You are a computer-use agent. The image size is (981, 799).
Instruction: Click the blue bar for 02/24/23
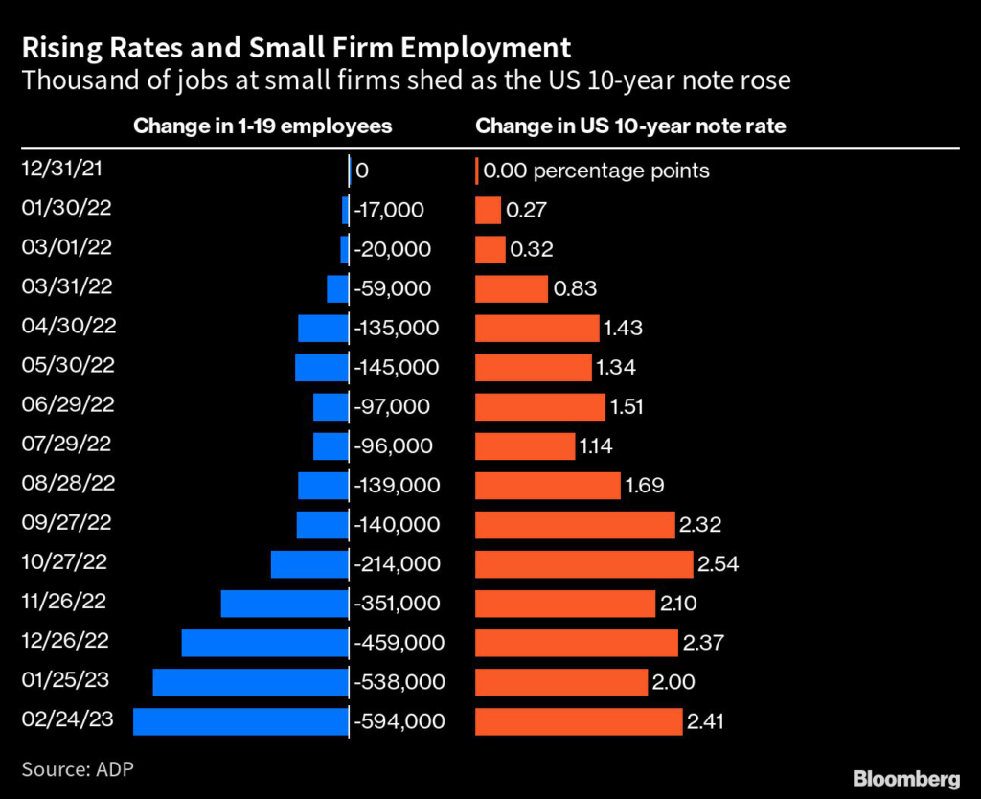pyautogui.click(x=240, y=721)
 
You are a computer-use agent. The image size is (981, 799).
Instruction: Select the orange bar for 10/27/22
pyautogui.click(x=583, y=564)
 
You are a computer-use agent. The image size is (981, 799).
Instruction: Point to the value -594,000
pyautogui.click(x=399, y=721)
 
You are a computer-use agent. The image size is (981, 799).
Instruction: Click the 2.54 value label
pyautogui.click(x=719, y=564)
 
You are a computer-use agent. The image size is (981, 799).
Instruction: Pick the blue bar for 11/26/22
pyautogui.click(x=284, y=604)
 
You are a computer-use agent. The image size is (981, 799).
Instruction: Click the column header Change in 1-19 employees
pyautogui.click(x=262, y=126)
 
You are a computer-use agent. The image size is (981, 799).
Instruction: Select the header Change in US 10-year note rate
pyautogui.click(x=630, y=126)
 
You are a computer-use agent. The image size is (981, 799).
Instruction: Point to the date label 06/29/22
pyautogui.click(x=67, y=403)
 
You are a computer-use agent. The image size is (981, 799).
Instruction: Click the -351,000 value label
pyautogui.click(x=397, y=604)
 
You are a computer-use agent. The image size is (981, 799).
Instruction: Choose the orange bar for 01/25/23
pyautogui.click(x=561, y=682)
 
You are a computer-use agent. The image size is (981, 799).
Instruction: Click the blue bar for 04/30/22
pyautogui.click(x=322, y=329)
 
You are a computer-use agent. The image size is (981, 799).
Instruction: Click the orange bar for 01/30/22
pyautogui.click(x=489, y=211)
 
